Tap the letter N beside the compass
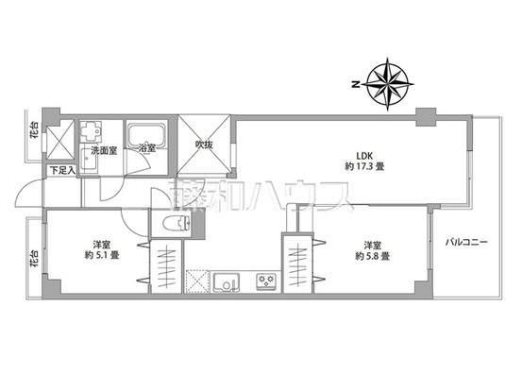point(355,84)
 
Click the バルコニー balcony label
point(467,243)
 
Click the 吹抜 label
point(202,145)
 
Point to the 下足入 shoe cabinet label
point(61,170)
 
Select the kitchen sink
point(227,281)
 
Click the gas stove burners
point(264,280)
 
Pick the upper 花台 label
point(34,131)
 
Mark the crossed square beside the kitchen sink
point(197,281)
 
